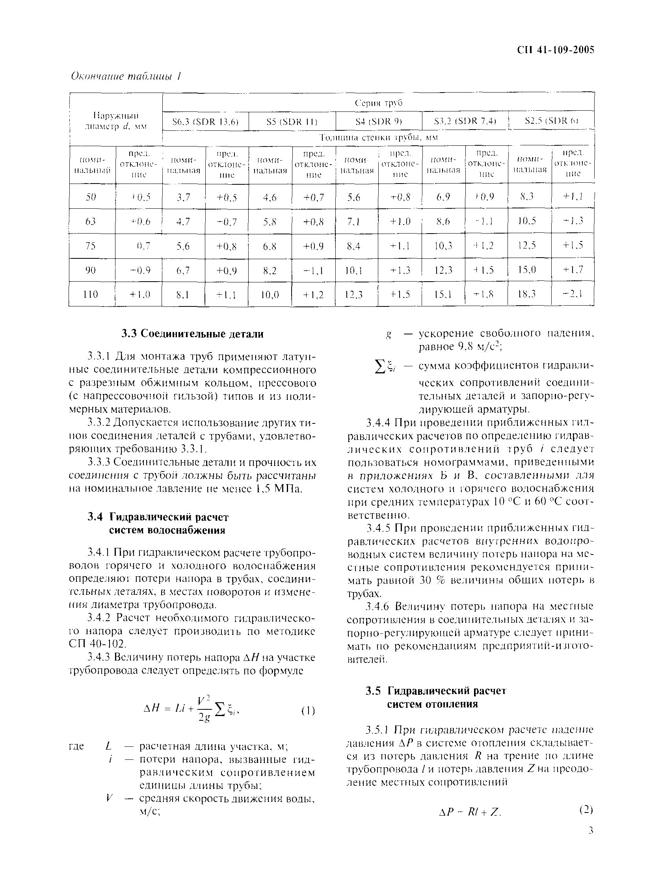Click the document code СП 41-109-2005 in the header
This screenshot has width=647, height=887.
(555, 50)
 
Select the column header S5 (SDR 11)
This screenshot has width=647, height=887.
(292, 122)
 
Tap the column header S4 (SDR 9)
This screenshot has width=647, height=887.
(378, 122)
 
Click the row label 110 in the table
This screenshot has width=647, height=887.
(91, 294)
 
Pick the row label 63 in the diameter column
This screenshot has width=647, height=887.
(91, 221)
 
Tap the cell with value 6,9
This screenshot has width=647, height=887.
(443, 197)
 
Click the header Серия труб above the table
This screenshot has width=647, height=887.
(378, 103)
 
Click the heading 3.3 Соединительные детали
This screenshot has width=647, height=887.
(192, 334)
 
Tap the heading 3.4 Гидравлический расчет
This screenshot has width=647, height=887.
(158, 517)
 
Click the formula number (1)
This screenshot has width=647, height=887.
(308, 711)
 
